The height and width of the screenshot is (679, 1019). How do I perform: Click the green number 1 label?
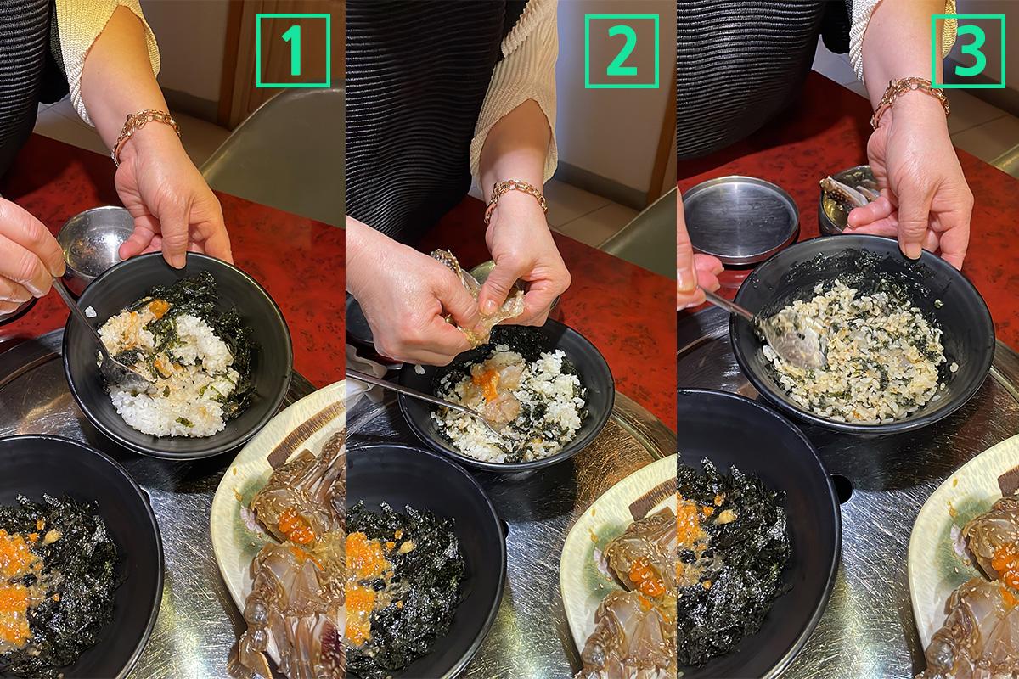click(x=294, y=50)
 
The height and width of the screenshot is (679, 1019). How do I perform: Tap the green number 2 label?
click(x=622, y=51)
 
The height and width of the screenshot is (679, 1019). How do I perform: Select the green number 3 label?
click(x=968, y=51)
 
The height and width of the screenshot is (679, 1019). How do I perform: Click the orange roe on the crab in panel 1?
click(x=296, y=528)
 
